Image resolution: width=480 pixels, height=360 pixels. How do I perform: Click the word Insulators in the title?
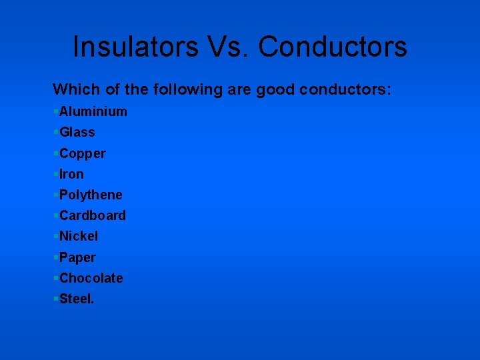click(x=135, y=47)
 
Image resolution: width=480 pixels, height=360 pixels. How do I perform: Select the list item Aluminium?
click(x=93, y=111)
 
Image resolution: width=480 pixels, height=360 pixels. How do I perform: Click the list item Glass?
click(x=77, y=132)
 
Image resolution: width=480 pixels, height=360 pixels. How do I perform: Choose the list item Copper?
click(x=82, y=153)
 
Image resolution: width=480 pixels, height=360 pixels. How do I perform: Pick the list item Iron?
click(x=71, y=174)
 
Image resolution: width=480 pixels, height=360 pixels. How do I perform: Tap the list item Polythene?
click(x=91, y=195)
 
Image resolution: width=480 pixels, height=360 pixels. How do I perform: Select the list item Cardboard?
click(x=92, y=215)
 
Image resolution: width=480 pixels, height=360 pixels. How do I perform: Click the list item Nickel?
click(x=79, y=236)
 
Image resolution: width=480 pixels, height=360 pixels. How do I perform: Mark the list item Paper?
click(x=77, y=257)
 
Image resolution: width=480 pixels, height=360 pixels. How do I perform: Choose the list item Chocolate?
click(x=91, y=278)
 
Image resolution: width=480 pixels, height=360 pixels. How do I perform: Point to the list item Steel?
click(x=77, y=299)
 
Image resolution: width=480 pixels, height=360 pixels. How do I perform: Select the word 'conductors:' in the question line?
click(x=345, y=89)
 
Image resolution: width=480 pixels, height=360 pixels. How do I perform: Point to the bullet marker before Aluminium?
click(x=55, y=111)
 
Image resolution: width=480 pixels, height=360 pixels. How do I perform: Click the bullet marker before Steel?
click(x=55, y=298)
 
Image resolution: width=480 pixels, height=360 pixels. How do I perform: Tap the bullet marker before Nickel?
click(x=55, y=235)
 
